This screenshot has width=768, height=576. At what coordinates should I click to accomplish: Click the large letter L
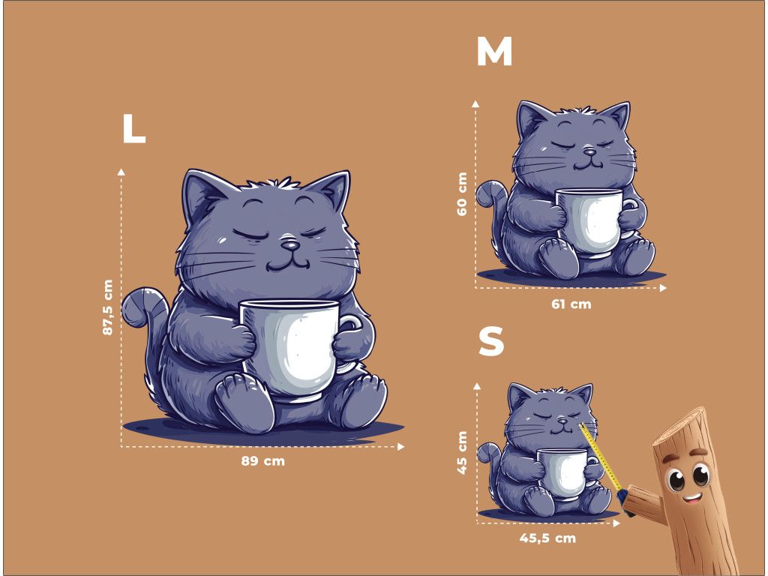pyautogui.click(x=133, y=128)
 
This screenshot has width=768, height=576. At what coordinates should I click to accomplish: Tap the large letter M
pyautogui.click(x=494, y=52)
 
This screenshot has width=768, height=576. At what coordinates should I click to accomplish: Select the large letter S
pyautogui.click(x=491, y=341)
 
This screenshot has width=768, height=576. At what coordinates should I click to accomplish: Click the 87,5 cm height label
pyautogui.click(x=108, y=307)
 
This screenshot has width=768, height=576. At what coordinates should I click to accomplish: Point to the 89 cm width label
pyautogui.click(x=262, y=461)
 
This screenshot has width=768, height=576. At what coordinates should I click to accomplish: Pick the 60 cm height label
pyautogui.click(x=462, y=194)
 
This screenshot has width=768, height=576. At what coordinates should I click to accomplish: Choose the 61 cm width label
pyautogui.click(x=571, y=304)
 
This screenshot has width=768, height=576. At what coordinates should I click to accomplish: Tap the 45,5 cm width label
pyautogui.click(x=547, y=538)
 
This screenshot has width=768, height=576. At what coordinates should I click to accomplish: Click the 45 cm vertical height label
pyautogui.click(x=462, y=452)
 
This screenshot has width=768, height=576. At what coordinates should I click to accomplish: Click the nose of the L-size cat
pyautogui.click(x=290, y=244)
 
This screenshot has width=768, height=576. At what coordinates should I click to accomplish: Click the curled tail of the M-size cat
pyautogui.click(x=490, y=195)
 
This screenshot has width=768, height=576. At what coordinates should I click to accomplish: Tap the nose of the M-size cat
pyautogui.click(x=590, y=151)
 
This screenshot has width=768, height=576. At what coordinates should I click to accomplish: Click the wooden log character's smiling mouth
pyautogui.click(x=692, y=499)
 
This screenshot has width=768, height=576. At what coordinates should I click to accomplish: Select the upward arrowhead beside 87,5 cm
pyautogui.click(x=121, y=172)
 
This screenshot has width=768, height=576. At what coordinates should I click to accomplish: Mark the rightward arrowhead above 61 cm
pyautogui.click(x=663, y=288)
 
